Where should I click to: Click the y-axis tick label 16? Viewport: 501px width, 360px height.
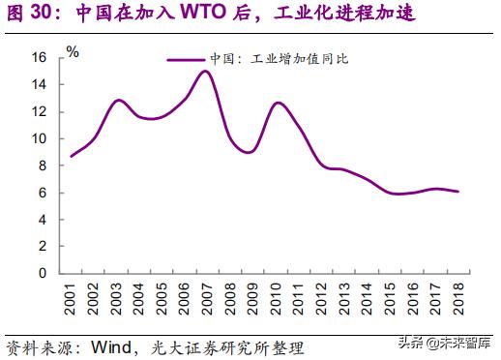tap(40, 58)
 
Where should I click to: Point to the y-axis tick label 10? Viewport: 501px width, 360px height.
tap(40, 138)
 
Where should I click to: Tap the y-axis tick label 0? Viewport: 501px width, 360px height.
tap(44, 273)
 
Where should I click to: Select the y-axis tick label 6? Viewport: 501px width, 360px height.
tap(44, 193)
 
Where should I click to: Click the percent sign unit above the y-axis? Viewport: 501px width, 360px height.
tap(73, 50)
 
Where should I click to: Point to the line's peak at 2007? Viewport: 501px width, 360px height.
tap(205, 71)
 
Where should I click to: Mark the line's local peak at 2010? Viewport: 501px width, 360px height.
tap(278, 103)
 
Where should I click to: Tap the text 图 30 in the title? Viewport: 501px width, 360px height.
tap(29, 15)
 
